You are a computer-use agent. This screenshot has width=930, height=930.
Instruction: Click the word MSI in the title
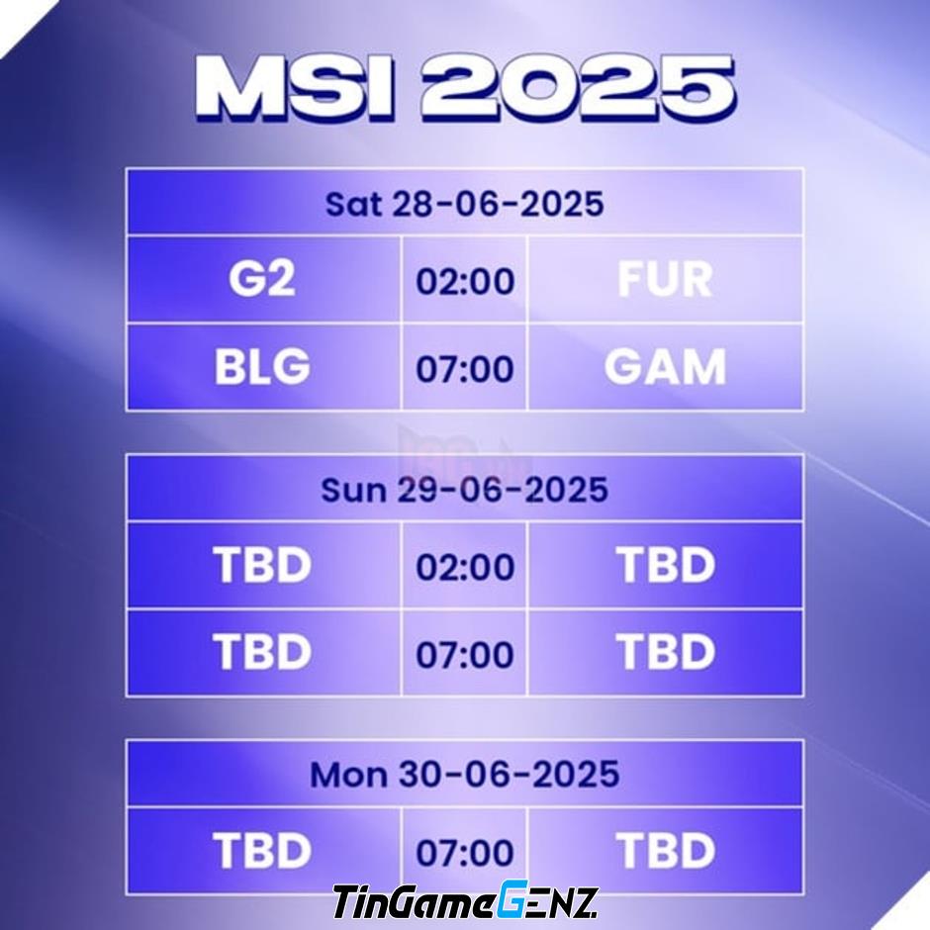[295, 88]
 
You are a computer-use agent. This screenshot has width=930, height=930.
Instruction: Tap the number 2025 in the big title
[579, 88]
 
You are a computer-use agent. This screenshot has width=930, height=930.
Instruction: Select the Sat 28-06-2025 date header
[464, 204]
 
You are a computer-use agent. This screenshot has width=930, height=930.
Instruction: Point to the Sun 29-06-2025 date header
[464, 490]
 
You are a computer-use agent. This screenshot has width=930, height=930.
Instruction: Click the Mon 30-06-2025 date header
[464, 774]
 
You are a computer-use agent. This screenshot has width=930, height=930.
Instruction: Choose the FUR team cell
[665, 279]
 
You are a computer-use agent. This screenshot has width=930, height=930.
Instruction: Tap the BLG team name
[262, 366]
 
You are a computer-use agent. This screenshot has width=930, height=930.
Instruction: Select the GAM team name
[665, 366]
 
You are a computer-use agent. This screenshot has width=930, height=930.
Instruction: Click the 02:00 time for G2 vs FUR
[465, 281]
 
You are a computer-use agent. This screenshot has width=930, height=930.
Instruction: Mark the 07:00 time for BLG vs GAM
[465, 369]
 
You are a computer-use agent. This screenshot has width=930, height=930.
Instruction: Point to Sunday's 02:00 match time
[465, 567]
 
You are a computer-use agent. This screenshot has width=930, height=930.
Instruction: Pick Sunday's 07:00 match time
[465, 654]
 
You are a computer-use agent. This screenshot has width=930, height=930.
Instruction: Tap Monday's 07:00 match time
[465, 852]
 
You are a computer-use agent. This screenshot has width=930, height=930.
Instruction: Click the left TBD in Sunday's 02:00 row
[262, 565]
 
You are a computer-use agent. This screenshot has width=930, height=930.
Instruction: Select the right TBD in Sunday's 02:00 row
[666, 565]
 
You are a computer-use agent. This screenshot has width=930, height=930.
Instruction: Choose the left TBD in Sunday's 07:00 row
[262, 652]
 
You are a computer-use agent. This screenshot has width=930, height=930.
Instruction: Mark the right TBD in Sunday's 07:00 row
[666, 652]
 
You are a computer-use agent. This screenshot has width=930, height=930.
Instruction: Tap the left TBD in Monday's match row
[262, 851]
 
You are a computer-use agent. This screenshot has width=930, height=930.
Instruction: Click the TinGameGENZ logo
[464, 901]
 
